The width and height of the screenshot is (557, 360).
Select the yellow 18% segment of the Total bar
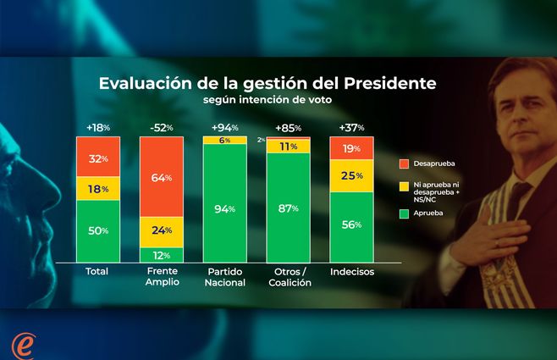[x=97, y=188]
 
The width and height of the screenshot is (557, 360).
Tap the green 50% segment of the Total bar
[x=97, y=230]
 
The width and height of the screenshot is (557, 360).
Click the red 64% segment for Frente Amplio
[x=161, y=178]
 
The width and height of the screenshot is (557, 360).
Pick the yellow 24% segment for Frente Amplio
[x=161, y=230]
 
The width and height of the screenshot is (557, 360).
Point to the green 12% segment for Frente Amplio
[x=161, y=254]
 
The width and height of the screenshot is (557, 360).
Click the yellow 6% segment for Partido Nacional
[x=224, y=139]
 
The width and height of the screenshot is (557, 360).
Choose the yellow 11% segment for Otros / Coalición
[x=287, y=146]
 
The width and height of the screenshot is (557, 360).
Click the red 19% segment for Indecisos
[x=350, y=147]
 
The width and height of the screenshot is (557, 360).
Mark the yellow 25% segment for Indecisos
[x=350, y=176]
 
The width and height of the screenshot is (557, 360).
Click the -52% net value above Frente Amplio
[x=161, y=127]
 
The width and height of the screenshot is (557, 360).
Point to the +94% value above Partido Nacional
[x=224, y=127]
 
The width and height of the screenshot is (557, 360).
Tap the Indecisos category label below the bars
[x=350, y=272]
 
